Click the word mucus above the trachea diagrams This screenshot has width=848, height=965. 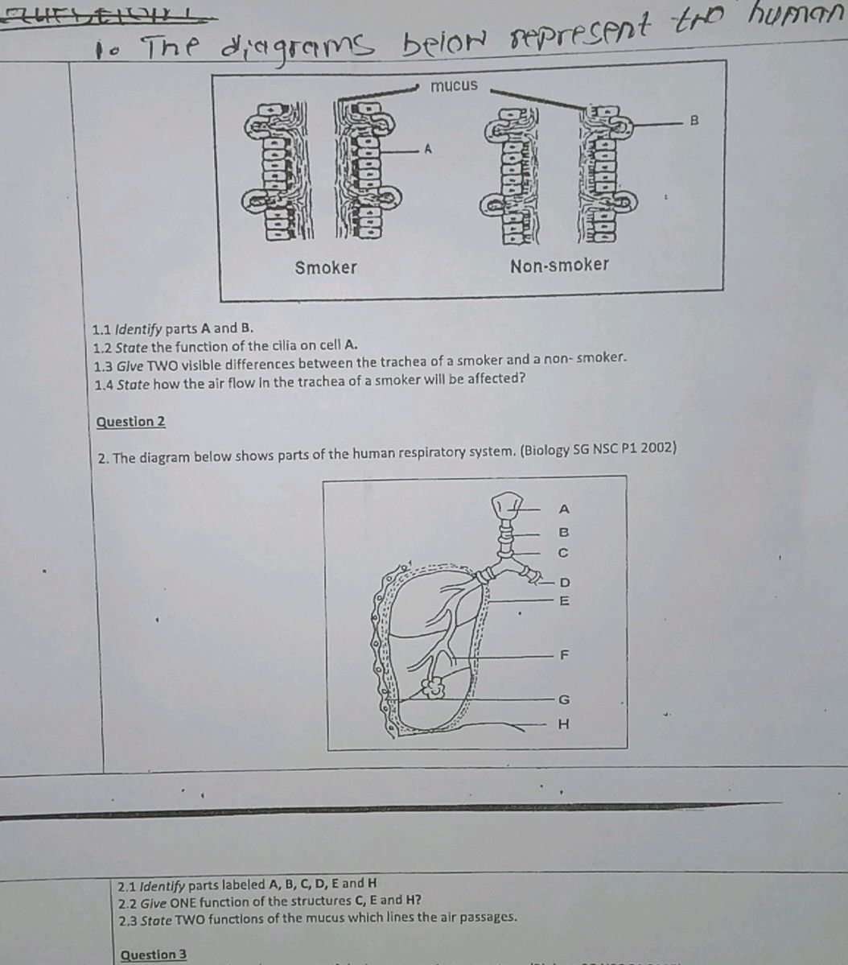pos(454,85)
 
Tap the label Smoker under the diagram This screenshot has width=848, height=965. pos(325,267)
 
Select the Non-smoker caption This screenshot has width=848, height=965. pos(559,265)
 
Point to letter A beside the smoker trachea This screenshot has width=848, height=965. pos(428,149)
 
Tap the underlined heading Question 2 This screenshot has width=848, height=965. pos(130,422)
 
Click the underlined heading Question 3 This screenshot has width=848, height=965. pos(153,955)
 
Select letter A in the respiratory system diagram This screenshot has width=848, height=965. pos(563,509)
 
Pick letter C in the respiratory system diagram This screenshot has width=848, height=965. pos(563,553)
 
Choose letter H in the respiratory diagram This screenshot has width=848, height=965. pos(563,724)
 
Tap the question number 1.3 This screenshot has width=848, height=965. pos(102,366)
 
